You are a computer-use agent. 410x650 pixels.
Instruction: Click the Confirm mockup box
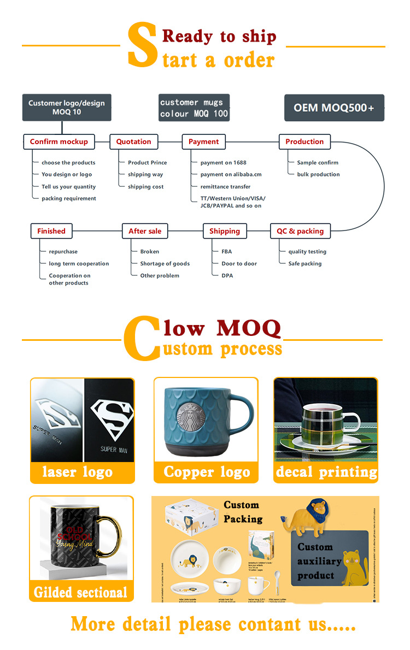[x=59, y=141]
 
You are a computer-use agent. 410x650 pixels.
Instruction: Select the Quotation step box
[x=134, y=141]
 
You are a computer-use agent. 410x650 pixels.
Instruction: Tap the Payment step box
[x=204, y=141]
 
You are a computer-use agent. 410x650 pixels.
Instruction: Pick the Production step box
[x=304, y=141]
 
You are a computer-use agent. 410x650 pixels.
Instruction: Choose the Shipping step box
[x=225, y=231]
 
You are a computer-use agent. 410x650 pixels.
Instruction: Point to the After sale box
[x=145, y=231]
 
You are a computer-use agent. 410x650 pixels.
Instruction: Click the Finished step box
[x=51, y=231]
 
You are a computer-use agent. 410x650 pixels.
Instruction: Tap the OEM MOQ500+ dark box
[x=334, y=108]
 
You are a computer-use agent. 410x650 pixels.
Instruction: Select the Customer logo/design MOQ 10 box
[x=66, y=108]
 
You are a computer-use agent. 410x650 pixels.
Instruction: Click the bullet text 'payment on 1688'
[x=223, y=163]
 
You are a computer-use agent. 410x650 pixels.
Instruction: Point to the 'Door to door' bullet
[x=239, y=264]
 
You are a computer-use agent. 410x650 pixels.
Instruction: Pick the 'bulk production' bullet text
[x=318, y=175]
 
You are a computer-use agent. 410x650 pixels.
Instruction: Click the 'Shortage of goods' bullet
[x=165, y=264]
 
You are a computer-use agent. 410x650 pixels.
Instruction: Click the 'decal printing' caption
[x=326, y=472]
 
